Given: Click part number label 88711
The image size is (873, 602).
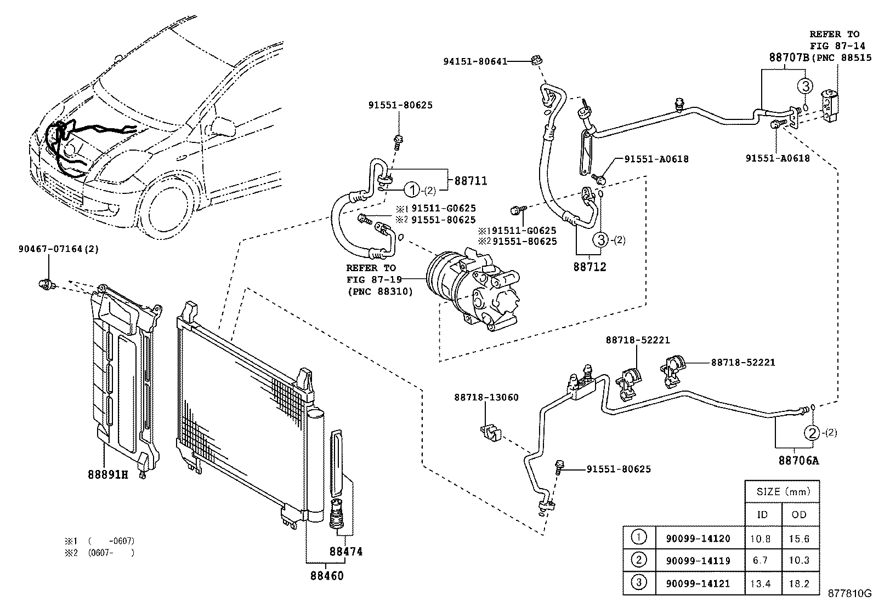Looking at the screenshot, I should point(470,181).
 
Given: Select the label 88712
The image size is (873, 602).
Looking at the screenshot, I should point(590,267).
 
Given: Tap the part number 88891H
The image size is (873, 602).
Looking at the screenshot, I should point(107,474).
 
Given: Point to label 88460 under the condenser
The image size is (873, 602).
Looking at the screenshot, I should point(327,576).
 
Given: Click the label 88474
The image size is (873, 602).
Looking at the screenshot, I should point(346,552).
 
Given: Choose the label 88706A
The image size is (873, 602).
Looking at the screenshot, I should point(798,460).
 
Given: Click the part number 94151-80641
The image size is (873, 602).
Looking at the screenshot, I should point(475,62).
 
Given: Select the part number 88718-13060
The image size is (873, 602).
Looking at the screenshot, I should point(486,397).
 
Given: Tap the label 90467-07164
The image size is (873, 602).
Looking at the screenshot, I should point(49,249).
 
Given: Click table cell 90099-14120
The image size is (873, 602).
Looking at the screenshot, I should point(698,538).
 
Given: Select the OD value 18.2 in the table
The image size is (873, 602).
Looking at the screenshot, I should point(798,584).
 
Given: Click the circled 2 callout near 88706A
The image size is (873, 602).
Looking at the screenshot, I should point(812,433).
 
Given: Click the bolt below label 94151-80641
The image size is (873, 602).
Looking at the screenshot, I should point(536,59).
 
